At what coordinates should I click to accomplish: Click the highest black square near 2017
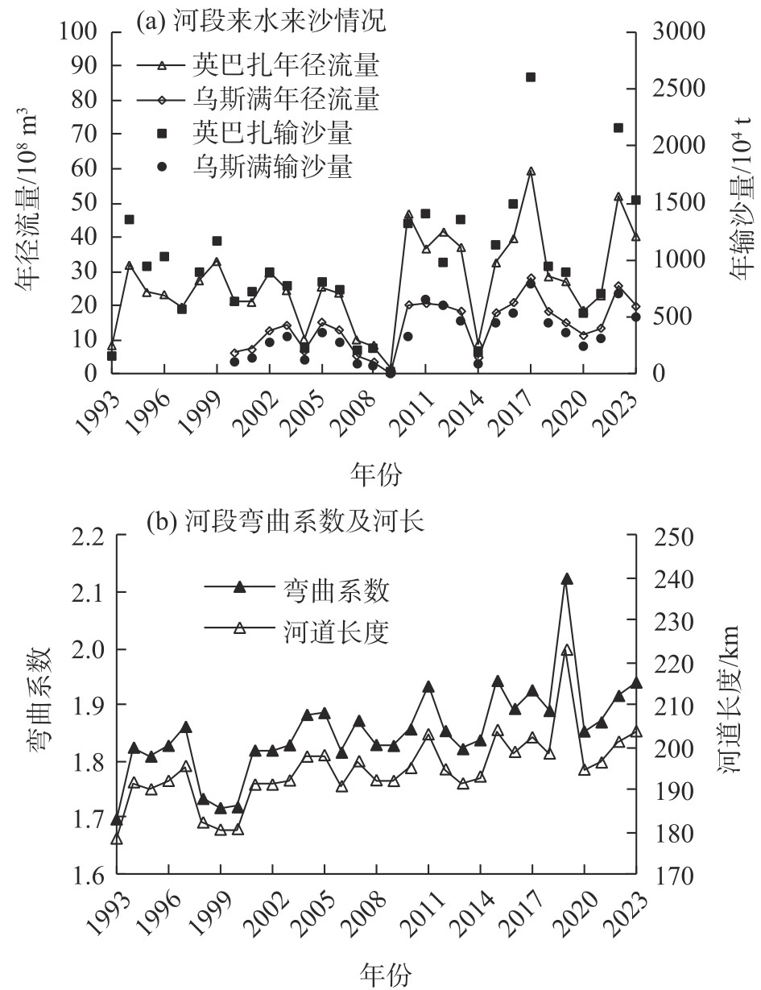(531, 77)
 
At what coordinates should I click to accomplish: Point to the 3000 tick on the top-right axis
(684, 32)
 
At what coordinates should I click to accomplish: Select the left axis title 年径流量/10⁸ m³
(26, 201)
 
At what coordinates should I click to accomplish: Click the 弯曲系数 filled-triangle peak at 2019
(567, 579)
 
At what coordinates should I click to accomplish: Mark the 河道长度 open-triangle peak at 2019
(567, 650)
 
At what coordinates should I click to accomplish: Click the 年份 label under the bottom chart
(384, 974)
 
